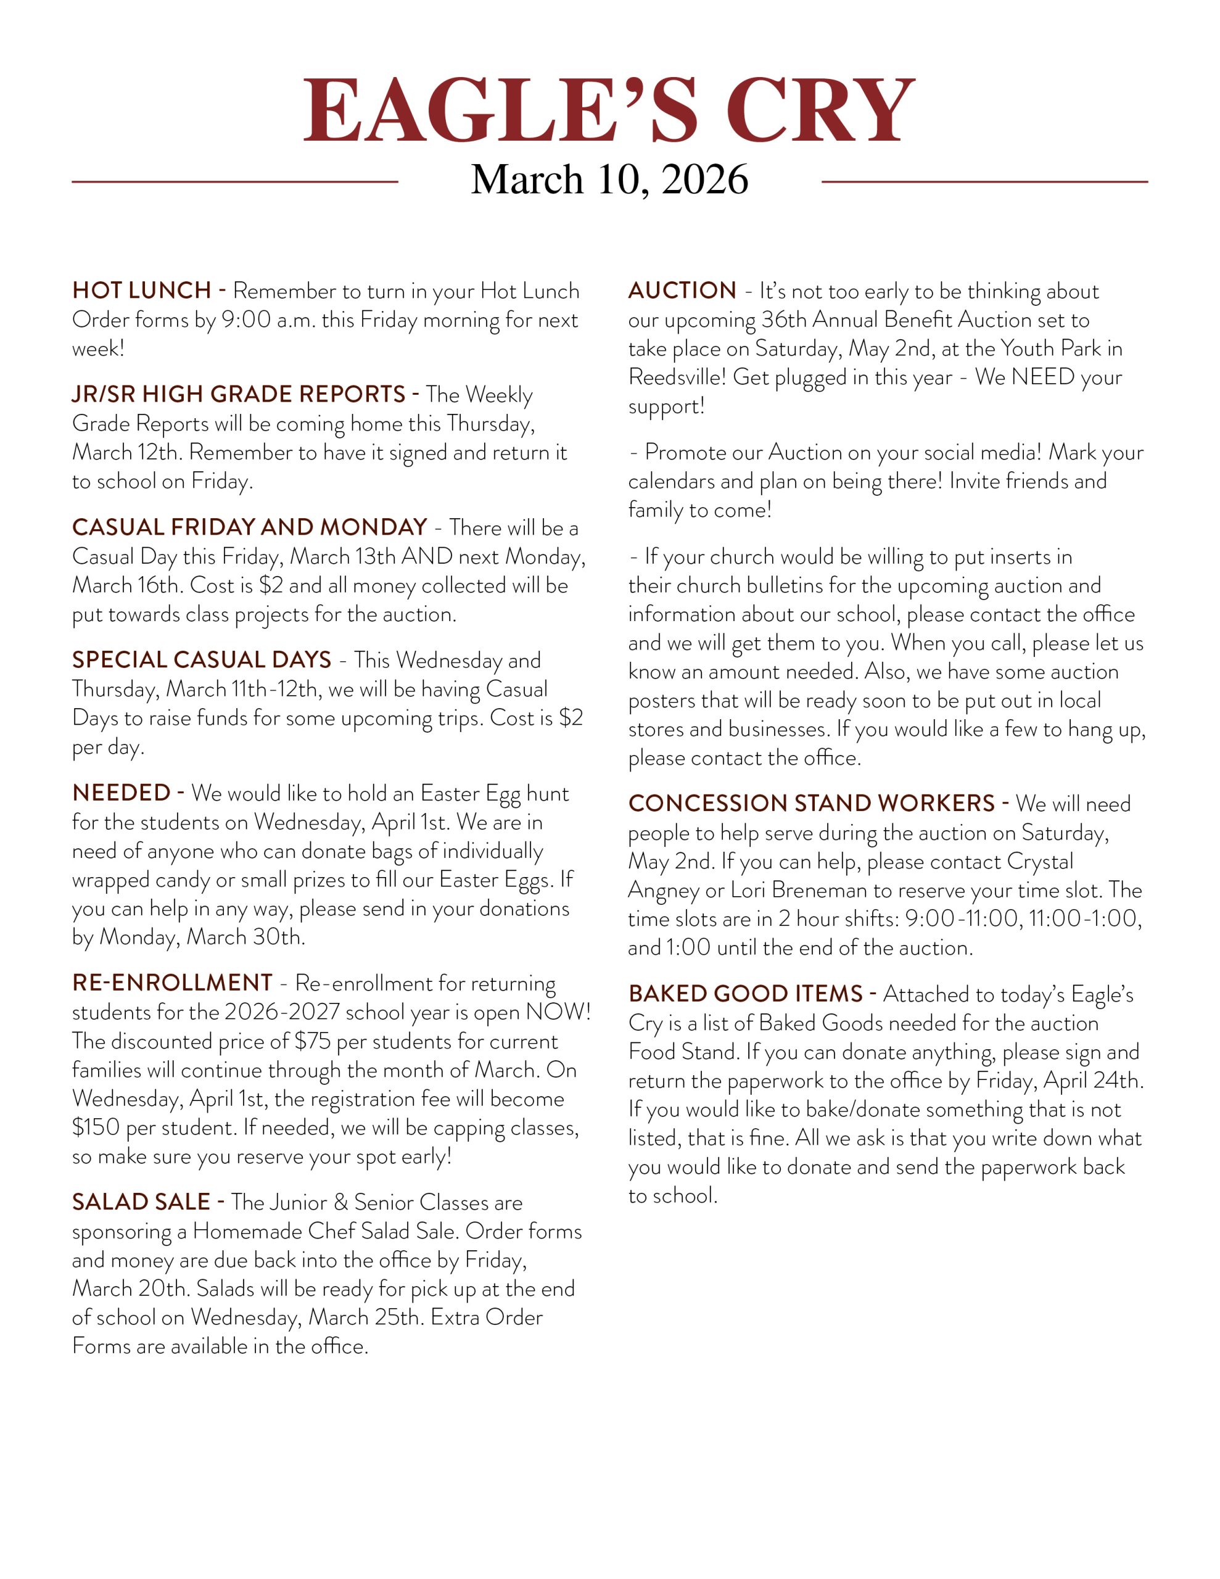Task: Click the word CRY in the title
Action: coord(821,112)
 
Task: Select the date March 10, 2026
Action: coord(609,179)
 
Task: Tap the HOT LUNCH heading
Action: coord(141,291)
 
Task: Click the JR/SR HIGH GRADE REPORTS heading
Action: coord(239,394)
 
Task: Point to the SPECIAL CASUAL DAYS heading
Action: coord(201,659)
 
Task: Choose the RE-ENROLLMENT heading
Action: coord(172,983)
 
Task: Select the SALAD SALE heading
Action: coord(141,1202)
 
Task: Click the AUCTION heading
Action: coord(682,291)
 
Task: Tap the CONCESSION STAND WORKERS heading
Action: coord(812,803)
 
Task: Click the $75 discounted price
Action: coord(313,1041)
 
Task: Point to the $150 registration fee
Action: coord(96,1128)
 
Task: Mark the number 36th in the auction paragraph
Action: coord(784,320)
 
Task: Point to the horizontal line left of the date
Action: coord(235,181)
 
